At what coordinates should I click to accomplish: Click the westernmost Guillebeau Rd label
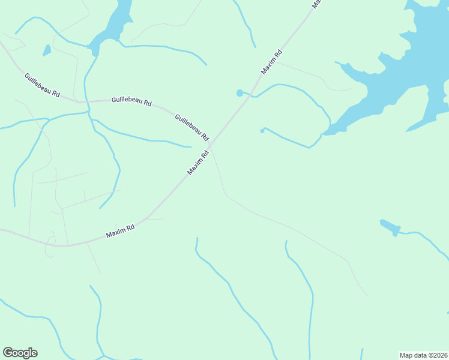point(42,85)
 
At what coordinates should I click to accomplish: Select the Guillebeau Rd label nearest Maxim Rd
point(191,126)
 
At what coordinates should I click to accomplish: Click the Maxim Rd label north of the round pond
point(271,62)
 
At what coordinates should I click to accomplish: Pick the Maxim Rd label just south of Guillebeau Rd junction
point(197,162)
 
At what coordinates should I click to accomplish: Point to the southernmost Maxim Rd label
point(120,230)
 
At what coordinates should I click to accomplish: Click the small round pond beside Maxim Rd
point(240,92)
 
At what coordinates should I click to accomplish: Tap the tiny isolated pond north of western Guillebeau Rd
point(46,50)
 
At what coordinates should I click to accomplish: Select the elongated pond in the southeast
point(390,227)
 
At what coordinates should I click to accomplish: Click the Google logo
point(20,353)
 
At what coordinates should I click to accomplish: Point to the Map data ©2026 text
point(423,355)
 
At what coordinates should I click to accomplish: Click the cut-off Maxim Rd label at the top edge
point(316,3)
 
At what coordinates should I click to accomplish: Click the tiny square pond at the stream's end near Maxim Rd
point(262,130)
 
